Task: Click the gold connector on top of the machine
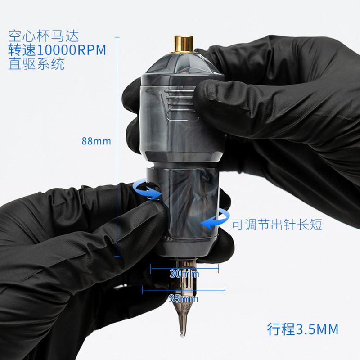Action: tap(183, 44)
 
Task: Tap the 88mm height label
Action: tap(96, 141)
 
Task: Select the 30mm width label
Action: tap(184, 274)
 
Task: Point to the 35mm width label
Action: tap(184, 299)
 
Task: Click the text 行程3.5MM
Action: tap(302, 329)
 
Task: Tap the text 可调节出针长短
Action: tap(277, 225)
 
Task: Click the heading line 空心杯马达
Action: tap(44, 36)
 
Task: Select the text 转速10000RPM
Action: tap(57, 49)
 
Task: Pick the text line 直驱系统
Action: tap(36, 63)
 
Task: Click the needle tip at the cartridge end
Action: tap(183, 335)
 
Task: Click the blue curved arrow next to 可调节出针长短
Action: tap(215, 219)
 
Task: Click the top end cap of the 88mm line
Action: tap(117, 37)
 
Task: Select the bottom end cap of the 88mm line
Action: tap(117, 256)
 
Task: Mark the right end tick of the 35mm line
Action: tap(225, 290)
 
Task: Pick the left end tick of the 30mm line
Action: tap(151, 269)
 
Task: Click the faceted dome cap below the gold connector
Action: tap(183, 63)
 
